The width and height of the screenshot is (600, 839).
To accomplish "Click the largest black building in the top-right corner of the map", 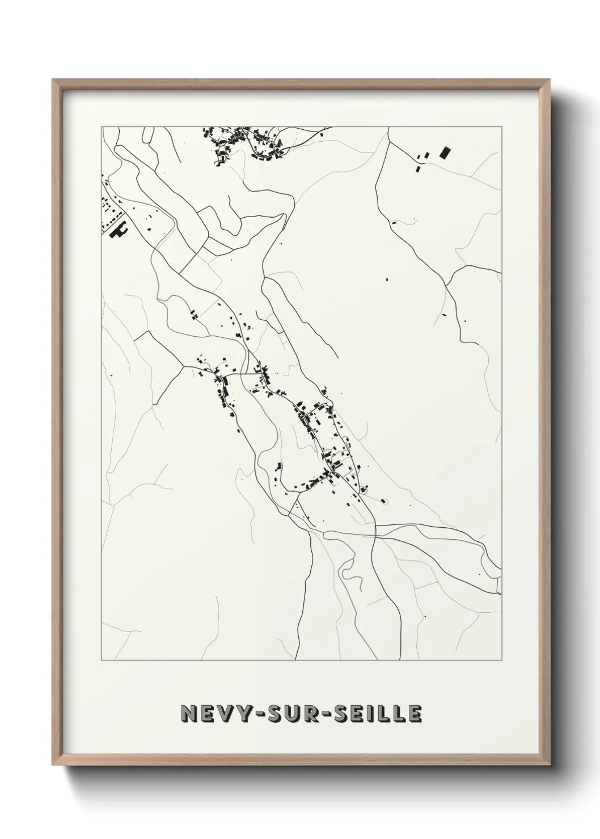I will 445,152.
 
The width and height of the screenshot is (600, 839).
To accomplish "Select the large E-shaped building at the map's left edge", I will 120,231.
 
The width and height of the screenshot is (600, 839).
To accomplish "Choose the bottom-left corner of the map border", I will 102,660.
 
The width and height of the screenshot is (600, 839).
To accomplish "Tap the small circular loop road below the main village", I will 384,501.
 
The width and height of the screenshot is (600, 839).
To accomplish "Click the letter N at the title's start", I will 188,714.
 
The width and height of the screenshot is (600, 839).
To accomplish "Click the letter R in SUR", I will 319,714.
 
